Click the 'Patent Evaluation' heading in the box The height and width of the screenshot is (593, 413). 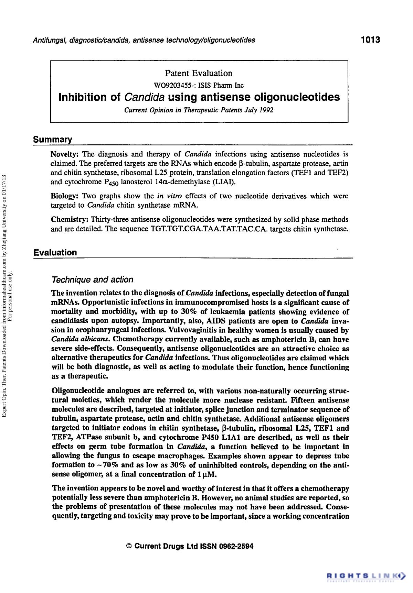pyautogui.click(x=199, y=73)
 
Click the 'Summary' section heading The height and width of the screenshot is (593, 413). pyautogui.click(x=53, y=140)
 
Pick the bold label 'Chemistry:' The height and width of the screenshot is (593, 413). pyautogui.click(x=70, y=220)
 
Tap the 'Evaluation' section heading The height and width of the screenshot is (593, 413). pyautogui.click(x=55, y=253)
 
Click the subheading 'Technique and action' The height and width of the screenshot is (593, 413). pyautogui.click(x=92, y=280)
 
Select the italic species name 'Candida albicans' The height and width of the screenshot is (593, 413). pyautogui.click(x=81, y=340)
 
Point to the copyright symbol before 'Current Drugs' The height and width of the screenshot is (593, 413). pyautogui.click(x=129, y=546)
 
